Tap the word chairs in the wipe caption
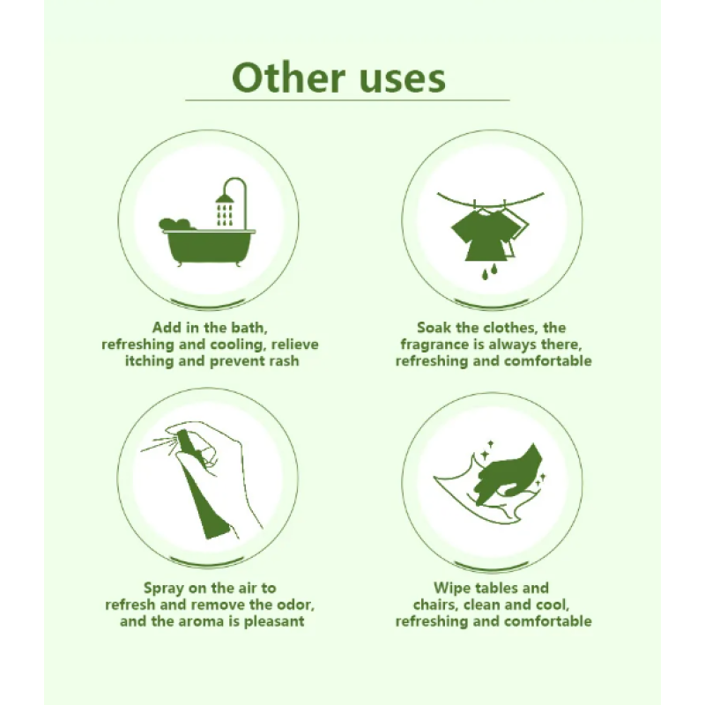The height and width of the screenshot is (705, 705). coord(436,604)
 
